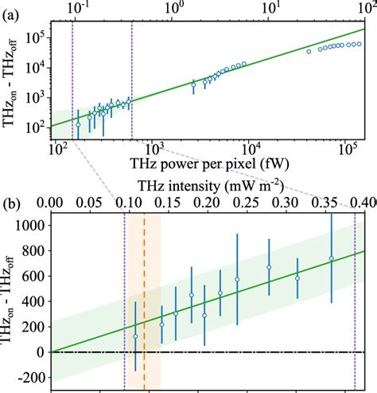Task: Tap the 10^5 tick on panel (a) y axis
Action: click(35, 37)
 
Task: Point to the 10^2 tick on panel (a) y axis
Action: click(35, 126)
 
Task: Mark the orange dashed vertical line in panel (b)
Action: click(144, 303)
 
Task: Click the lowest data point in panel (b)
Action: click(135, 336)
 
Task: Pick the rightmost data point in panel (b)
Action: click(332, 258)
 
